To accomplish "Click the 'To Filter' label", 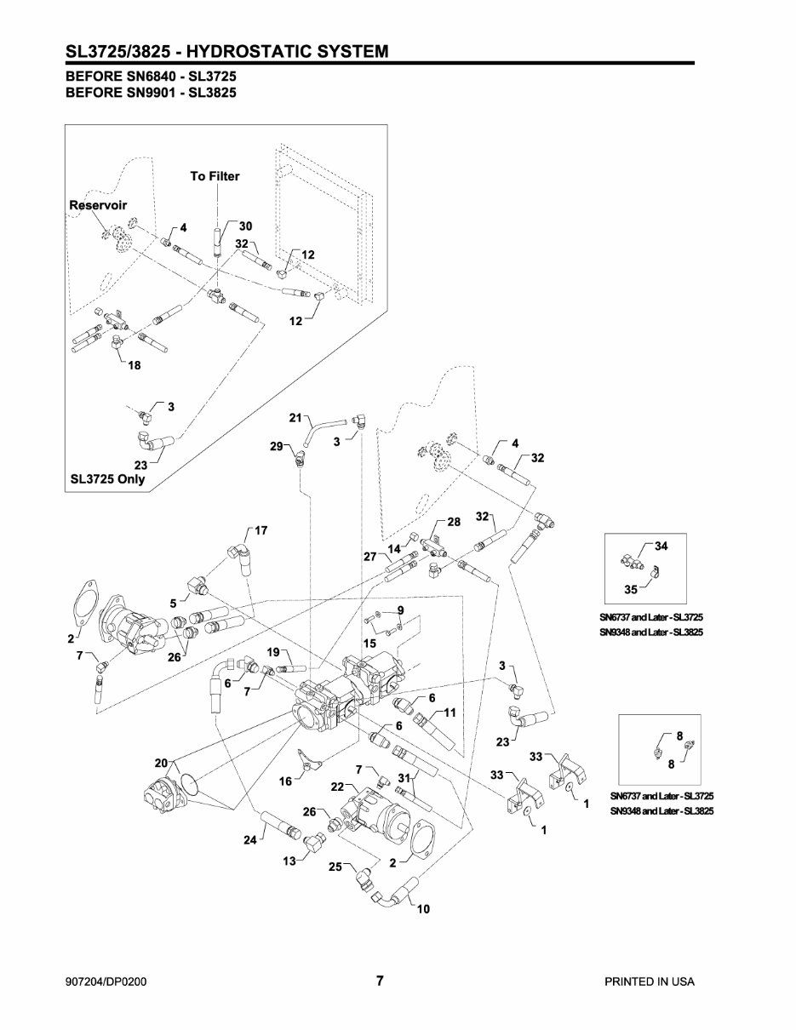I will tap(215, 176).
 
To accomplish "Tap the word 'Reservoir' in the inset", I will tap(97, 206).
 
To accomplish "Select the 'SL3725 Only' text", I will tap(107, 478).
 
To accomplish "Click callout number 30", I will tap(245, 226).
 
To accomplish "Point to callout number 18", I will tap(135, 365).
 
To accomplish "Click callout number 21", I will tap(295, 417).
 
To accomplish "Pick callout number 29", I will tap(276, 447).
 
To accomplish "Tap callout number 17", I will tap(261, 530).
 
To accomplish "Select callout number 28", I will tap(453, 521).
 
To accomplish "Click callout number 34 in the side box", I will tap(662, 546).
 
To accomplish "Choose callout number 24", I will tap(249, 839).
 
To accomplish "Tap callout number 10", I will tap(423, 909).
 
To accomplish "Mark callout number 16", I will tap(287, 779).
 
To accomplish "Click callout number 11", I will tap(450, 711).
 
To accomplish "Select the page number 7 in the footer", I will tap(381, 981).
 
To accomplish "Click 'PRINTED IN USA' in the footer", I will tap(649, 981).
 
